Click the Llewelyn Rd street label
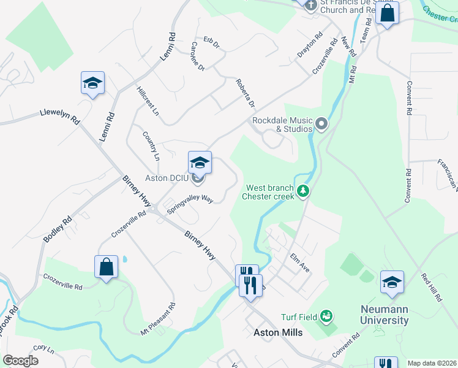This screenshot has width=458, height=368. (x=60, y=115)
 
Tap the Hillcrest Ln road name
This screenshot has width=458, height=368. (x=148, y=101)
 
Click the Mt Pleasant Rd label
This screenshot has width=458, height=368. (x=158, y=319)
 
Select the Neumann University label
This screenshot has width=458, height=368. (x=385, y=315)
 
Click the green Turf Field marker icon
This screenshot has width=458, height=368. (x=326, y=316)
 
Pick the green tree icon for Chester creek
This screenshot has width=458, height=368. (x=302, y=193)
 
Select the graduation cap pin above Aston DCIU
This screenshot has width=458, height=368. (x=200, y=163)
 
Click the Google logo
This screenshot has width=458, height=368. (x=20, y=361)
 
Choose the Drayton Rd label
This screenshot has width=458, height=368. (x=310, y=45)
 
